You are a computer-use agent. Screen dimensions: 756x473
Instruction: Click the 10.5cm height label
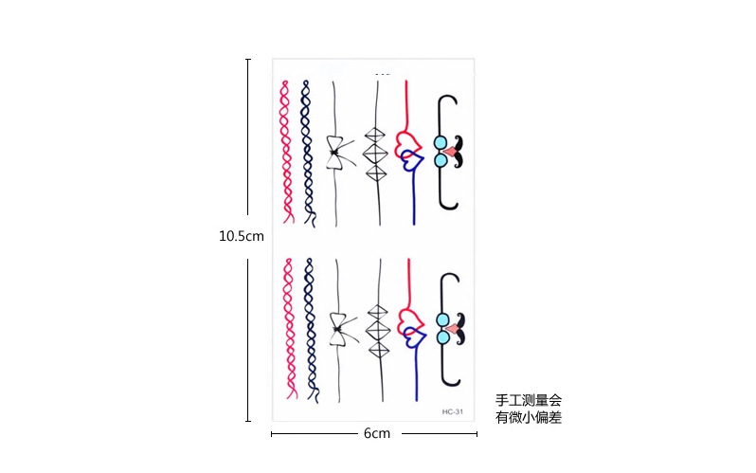242,236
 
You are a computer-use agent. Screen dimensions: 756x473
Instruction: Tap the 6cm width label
376,433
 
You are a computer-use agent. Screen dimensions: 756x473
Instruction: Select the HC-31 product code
452,411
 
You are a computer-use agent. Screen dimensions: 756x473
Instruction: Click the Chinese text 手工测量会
528,401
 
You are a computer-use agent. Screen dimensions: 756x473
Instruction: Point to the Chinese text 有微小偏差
528,417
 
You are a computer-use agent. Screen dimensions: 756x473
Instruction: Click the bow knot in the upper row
335,152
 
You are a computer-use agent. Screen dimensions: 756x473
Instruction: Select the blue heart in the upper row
411,162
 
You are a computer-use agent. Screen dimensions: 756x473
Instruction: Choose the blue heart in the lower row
411,337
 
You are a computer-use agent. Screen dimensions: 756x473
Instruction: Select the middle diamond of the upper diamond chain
376,152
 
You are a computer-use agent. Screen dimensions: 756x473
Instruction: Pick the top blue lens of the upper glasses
441,143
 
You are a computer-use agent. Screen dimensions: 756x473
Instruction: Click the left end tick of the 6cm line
272,434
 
